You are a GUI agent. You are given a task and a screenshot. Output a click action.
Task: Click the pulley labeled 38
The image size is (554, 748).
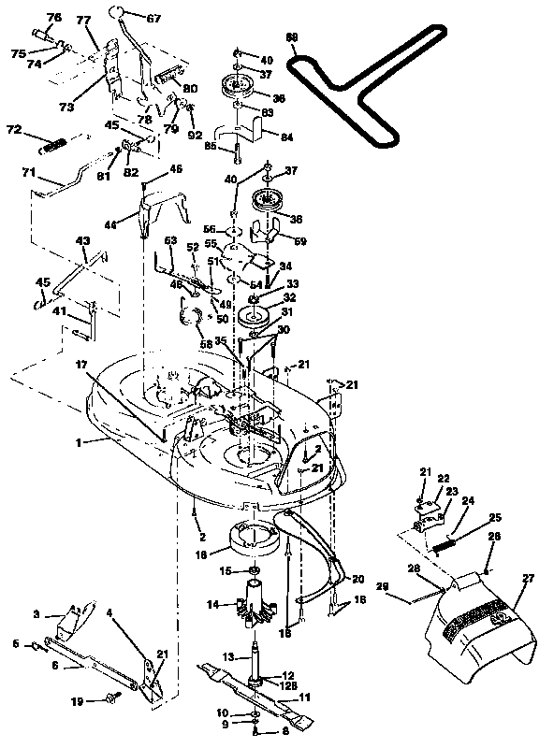click(269, 201)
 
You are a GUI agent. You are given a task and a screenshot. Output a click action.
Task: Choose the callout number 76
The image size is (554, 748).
click(53, 18)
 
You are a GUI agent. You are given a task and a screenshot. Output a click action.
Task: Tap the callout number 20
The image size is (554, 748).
click(357, 580)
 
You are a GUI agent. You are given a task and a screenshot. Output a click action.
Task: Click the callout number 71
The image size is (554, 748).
click(28, 174)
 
